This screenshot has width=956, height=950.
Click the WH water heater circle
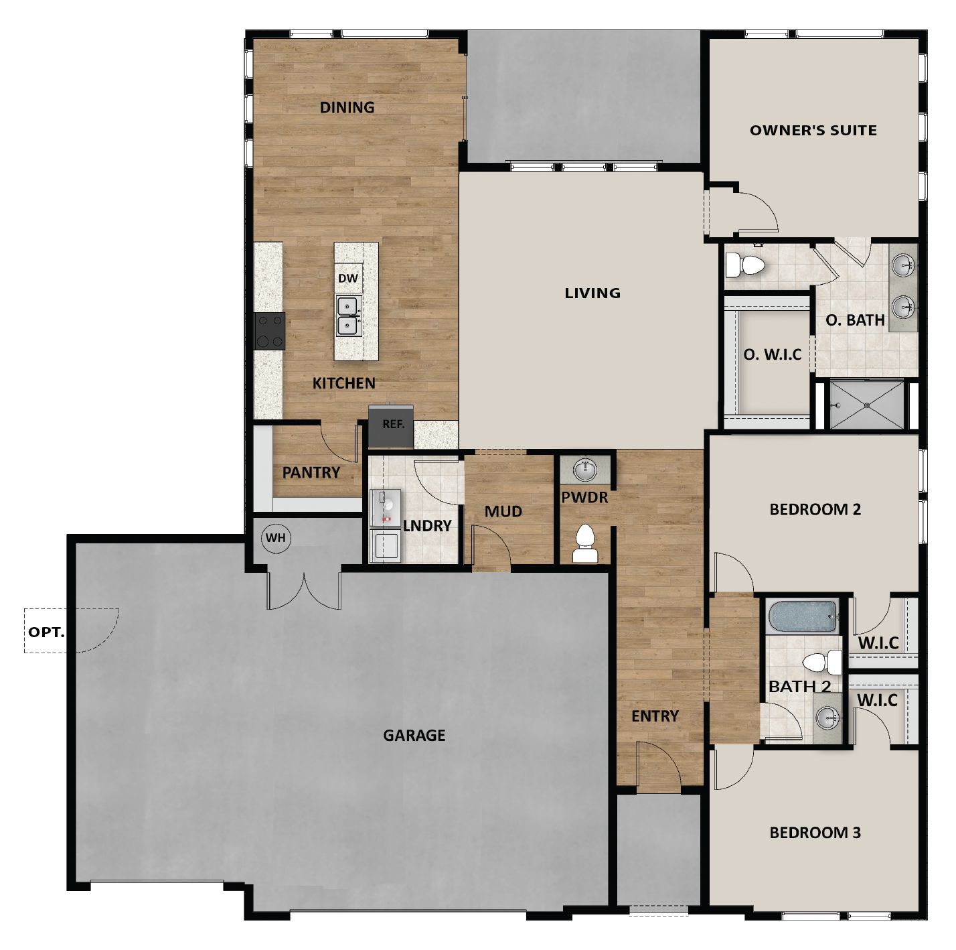pos(275,538)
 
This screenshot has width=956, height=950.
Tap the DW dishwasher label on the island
pos(347,278)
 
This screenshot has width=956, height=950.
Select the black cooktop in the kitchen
pos(270,331)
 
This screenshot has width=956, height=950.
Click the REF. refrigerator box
pos(393,425)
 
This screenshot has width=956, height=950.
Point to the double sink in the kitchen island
pos(348,316)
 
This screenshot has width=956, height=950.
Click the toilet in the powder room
pos(584,543)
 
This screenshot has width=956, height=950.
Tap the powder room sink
pos(585,469)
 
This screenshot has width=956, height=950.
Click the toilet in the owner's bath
pos(745,265)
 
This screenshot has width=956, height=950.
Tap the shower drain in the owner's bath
pos(866,405)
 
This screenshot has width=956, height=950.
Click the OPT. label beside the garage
pos(46,632)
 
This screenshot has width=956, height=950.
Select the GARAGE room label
pos(414,736)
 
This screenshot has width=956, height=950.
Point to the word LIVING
pos(592,293)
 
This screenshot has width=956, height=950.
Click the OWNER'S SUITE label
pos(813,131)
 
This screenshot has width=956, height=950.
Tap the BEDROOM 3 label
pos(815,833)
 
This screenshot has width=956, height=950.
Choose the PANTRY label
pos(311,472)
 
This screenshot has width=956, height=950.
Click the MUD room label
pos(503,512)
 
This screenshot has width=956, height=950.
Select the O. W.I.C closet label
pos(772,354)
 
